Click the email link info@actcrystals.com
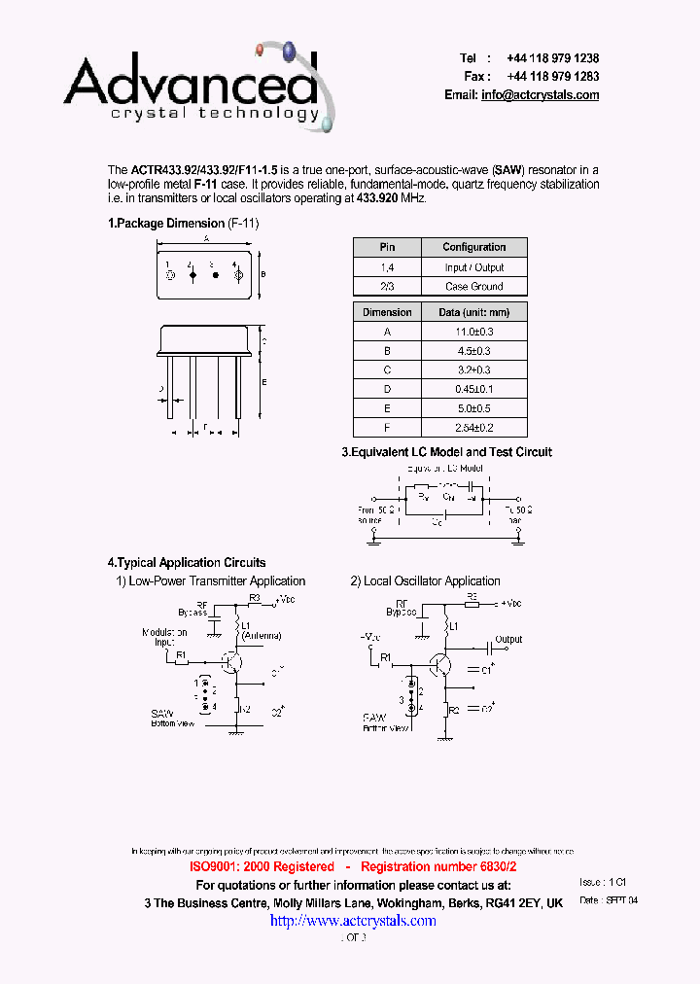click(x=540, y=94)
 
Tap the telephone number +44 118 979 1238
click(x=552, y=58)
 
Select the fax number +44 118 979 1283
click(x=552, y=76)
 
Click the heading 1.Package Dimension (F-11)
click(x=183, y=223)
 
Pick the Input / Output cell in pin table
click(x=473, y=267)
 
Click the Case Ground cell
click(x=473, y=287)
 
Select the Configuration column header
click(x=473, y=247)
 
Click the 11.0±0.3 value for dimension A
click(x=473, y=332)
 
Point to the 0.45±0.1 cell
click(x=473, y=389)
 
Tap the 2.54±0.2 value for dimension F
click(x=473, y=427)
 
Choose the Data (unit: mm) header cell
click(x=473, y=312)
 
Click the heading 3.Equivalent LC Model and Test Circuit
click(x=446, y=452)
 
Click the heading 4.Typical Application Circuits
click(x=186, y=563)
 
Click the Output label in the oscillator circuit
click(x=508, y=640)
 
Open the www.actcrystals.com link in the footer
click(x=352, y=921)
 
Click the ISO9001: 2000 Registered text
click(x=262, y=866)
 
